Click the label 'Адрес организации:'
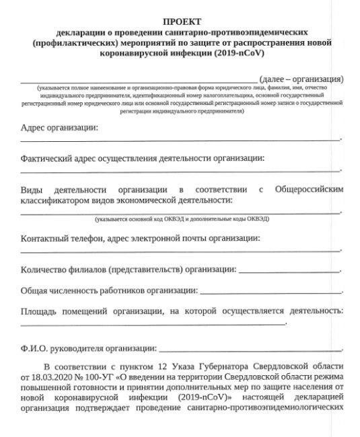(59, 127)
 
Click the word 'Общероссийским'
(309, 190)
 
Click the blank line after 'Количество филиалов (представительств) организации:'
(289, 272)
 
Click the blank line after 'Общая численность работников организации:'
(270, 292)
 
